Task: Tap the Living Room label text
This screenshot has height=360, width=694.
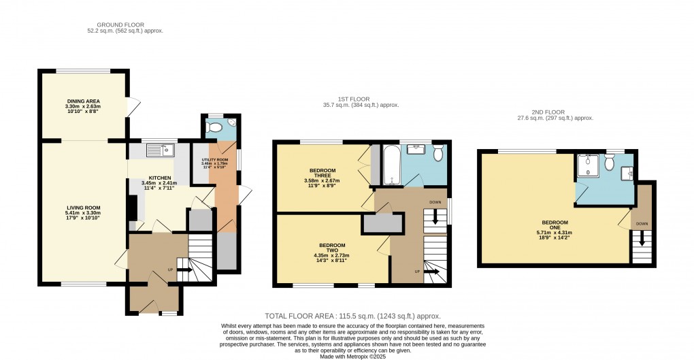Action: pyautogui.click(x=83, y=208)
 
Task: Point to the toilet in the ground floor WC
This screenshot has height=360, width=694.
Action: pyautogui.click(x=216, y=127)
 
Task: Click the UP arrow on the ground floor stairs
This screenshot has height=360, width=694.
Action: pyautogui.click(x=184, y=269)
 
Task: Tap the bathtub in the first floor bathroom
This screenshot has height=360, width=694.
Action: pyautogui.click(x=392, y=166)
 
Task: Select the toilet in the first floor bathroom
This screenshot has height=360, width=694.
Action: pyautogui.click(x=438, y=154)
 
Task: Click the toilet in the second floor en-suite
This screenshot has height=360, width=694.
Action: pyautogui.click(x=610, y=161)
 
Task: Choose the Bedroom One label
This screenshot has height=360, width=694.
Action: pyautogui.click(x=555, y=222)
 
